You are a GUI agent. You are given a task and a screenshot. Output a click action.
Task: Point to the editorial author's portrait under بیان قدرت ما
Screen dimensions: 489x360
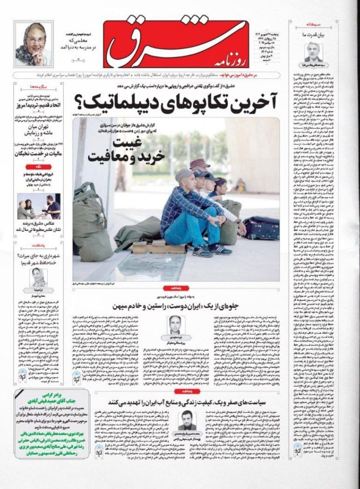(x=313, y=53)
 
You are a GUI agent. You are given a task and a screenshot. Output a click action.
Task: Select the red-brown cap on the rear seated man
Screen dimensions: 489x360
(x=200, y=164)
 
